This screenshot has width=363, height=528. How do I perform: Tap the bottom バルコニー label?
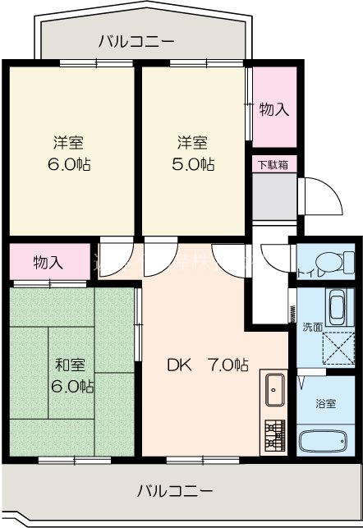174,491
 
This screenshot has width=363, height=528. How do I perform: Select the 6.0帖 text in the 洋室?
68,163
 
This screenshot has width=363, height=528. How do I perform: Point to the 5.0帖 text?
194,163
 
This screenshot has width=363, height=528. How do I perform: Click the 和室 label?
71,365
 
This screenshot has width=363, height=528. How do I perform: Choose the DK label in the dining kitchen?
180,365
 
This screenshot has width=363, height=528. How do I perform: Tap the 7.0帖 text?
228,365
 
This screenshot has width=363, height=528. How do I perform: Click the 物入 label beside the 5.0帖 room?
273,108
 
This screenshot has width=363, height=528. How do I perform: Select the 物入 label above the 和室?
48,262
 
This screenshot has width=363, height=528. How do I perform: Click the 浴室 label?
326,403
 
